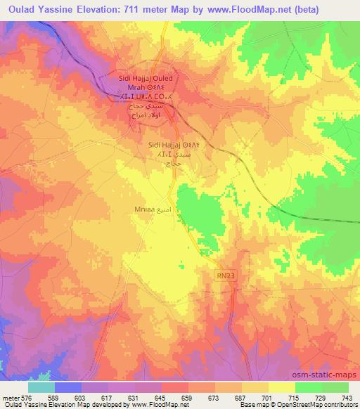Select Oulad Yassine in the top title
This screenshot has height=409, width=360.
point(37,10)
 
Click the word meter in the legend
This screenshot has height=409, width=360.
point(11,397)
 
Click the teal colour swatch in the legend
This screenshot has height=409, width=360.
point(41,387)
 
